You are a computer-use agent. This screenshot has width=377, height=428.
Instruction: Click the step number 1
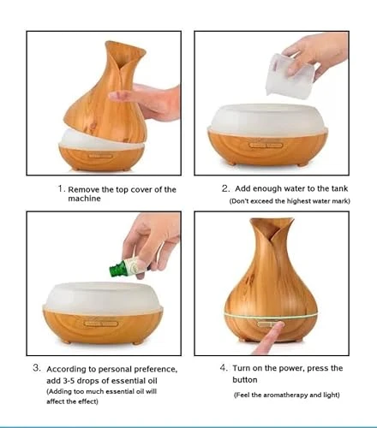pyautogui.click(x=61, y=188)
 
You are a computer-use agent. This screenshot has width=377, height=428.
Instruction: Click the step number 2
pyautogui.click(x=225, y=187)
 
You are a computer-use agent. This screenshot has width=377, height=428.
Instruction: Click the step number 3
pyautogui.click(x=37, y=368)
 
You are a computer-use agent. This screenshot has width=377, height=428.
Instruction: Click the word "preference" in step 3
pyautogui.click(x=154, y=368)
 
